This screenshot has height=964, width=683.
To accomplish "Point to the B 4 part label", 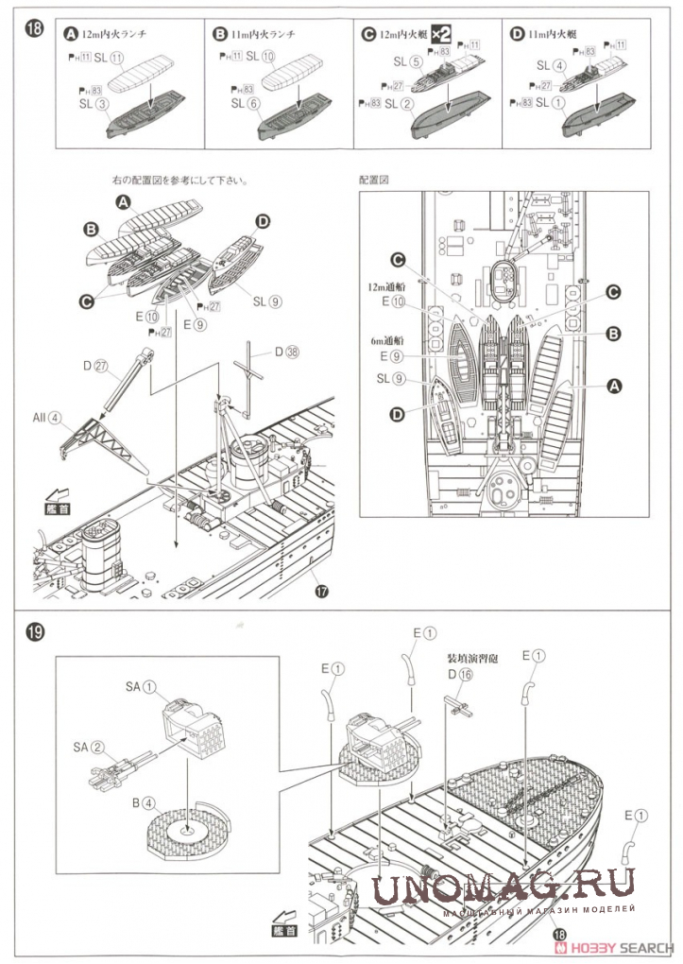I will coord(143,804).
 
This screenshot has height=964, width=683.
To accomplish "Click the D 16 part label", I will coord(459,674).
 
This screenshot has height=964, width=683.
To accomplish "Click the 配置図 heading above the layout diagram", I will coord(375,179).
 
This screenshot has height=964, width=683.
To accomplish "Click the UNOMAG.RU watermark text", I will coord(504,887).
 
